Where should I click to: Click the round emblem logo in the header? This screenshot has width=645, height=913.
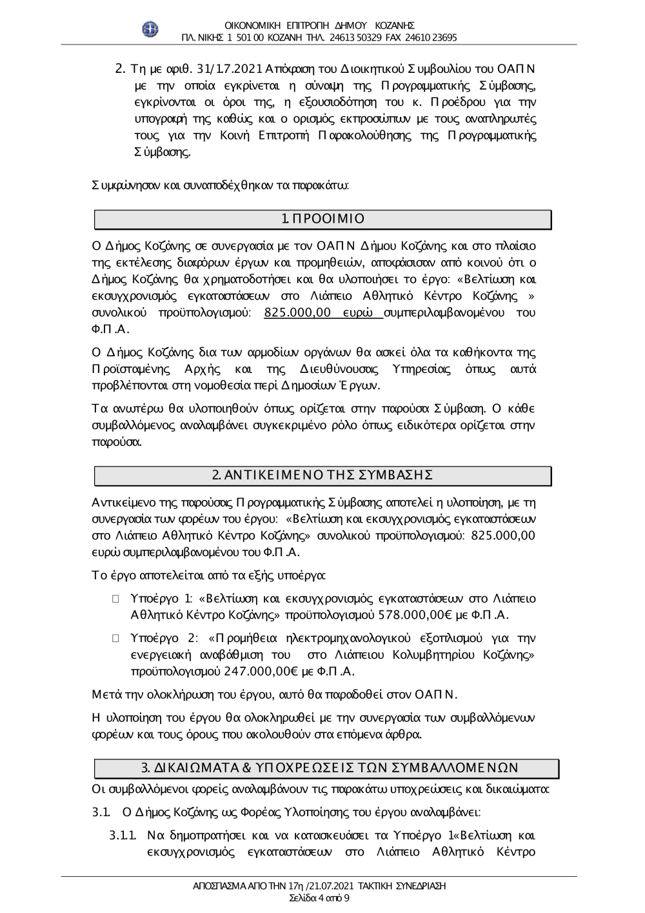[150, 28]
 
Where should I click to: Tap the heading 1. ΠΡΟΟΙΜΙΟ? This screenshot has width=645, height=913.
[323, 219]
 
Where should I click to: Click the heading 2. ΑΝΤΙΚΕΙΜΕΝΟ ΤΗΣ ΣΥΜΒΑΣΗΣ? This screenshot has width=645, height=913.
[322, 476]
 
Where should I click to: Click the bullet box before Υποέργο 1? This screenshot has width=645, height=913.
[116, 599]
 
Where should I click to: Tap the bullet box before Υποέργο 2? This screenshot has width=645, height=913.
[116, 639]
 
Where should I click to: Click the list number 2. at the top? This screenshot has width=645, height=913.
[119, 68]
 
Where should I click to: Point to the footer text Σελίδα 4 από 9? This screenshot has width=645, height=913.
[320, 898]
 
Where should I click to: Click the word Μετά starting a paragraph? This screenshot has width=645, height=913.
[103, 695]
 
